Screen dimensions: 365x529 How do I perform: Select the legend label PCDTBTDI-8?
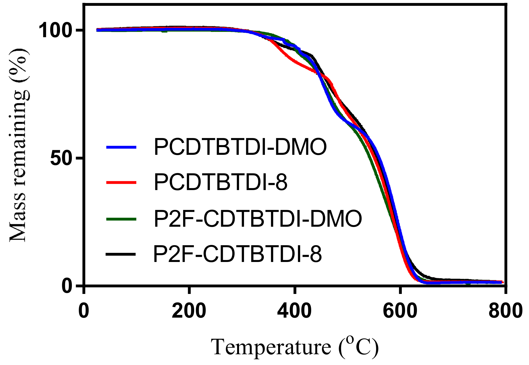tap(221, 182)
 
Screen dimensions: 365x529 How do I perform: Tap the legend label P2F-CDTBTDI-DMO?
tap(258, 219)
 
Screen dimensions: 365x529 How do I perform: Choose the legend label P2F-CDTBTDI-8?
tap(237, 254)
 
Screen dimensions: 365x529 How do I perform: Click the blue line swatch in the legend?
tap(121, 147)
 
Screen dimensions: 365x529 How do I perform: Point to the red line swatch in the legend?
tap(121, 182)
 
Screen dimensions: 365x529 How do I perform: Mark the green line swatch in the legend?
tap(121, 219)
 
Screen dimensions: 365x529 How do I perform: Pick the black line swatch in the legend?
tap(121, 254)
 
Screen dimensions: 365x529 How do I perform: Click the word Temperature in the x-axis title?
tap(271, 347)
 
